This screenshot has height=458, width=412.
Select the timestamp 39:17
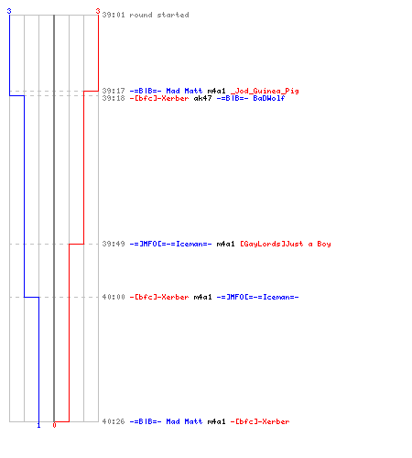pyautogui.click(x=114, y=91)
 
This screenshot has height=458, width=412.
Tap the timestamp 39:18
pyautogui.click(x=114, y=98)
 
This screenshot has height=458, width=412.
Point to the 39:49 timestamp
pyautogui.click(x=114, y=244)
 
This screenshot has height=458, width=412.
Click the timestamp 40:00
pyautogui.click(x=114, y=297)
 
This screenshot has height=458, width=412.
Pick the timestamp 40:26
pyautogui.click(x=114, y=421)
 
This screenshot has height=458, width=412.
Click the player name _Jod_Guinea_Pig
pyautogui.click(x=265, y=91)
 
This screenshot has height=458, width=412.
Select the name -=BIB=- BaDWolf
pyautogui.click(x=251, y=98)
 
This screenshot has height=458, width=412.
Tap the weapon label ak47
pyautogui.click(x=202, y=98)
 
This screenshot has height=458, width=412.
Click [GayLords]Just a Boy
pyautogui.click(x=286, y=244)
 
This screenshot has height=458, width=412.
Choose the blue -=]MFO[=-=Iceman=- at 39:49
pyautogui.click(x=170, y=244)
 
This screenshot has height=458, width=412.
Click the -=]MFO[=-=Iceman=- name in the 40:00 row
pyautogui.click(x=257, y=297)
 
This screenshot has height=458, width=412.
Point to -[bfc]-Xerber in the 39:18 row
pyautogui.click(x=159, y=98)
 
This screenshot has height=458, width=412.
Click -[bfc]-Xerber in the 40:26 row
pyautogui.click(x=260, y=421)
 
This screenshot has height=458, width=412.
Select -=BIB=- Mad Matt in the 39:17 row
pyautogui.click(x=166, y=91)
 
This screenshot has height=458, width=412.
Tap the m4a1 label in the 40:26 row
pyautogui.click(x=216, y=421)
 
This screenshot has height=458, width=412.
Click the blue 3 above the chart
pyautogui.click(x=9, y=11)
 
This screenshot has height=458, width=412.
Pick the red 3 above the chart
pyautogui.click(x=98, y=11)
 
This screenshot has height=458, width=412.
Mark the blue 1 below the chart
pyautogui.click(x=38, y=425)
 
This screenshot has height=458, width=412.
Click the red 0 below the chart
pyautogui.click(x=54, y=425)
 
